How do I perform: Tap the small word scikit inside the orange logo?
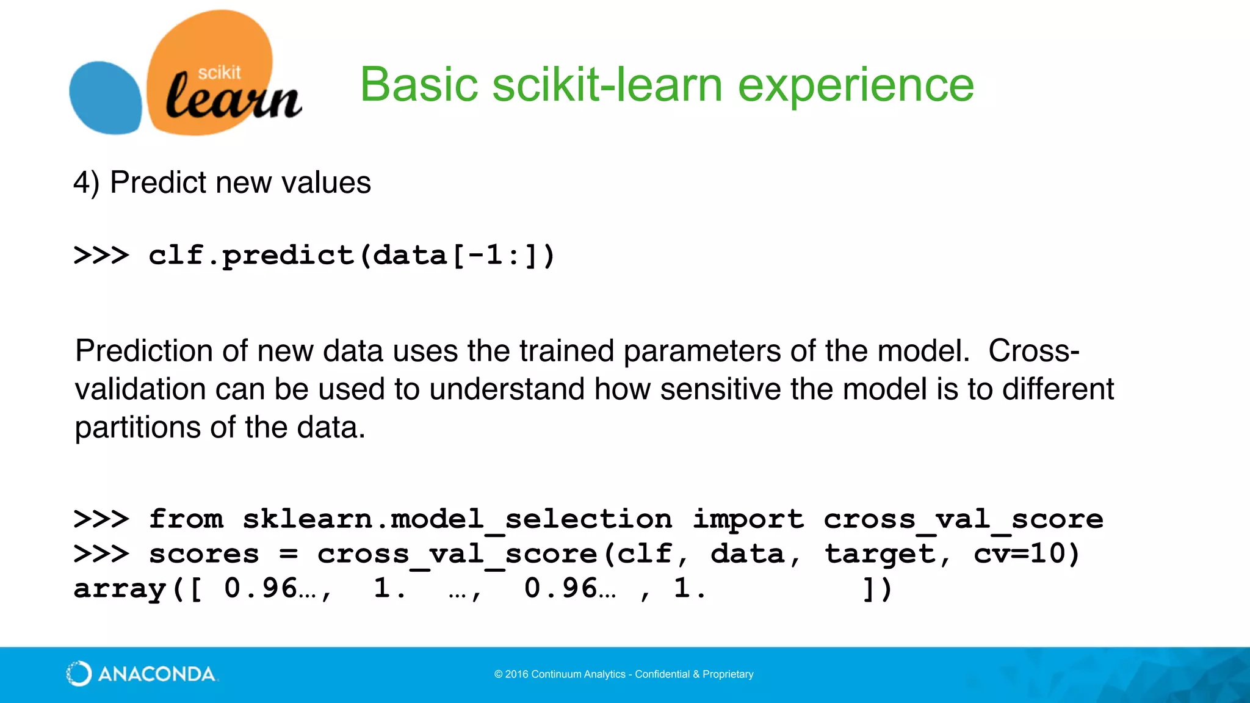point(219,73)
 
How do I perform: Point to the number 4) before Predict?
point(86,183)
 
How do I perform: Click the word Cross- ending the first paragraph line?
point(1033,351)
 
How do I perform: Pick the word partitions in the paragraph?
point(137,428)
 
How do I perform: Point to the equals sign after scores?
point(288,554)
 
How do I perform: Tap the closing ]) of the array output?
point(878,589)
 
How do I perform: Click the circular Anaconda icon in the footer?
point(79,674)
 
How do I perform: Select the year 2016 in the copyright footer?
point(516,674)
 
